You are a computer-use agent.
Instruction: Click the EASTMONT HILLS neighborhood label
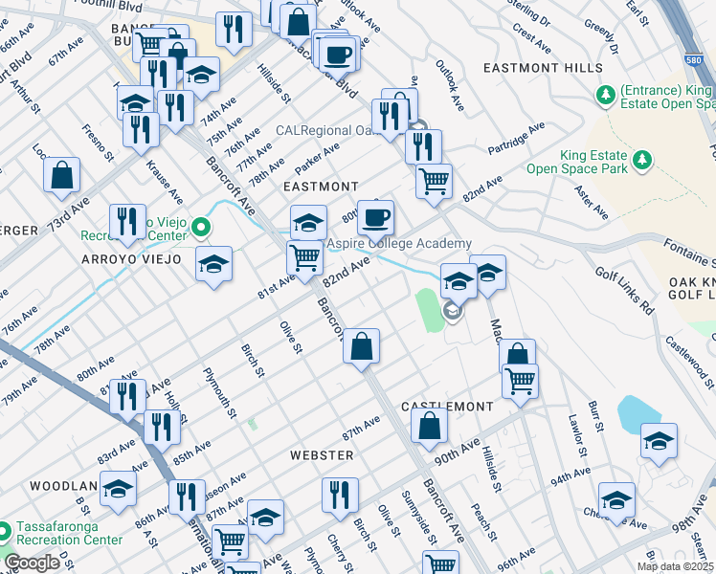(543, 68)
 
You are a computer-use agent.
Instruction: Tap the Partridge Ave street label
(516, 138)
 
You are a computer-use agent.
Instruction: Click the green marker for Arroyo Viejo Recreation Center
(201, 228)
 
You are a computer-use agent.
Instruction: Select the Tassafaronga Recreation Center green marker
(5, 529)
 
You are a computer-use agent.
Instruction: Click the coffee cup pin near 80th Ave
(376, 216)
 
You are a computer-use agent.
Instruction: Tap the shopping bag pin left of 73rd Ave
(61, 174)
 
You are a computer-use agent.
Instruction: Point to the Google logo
(32, 563)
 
